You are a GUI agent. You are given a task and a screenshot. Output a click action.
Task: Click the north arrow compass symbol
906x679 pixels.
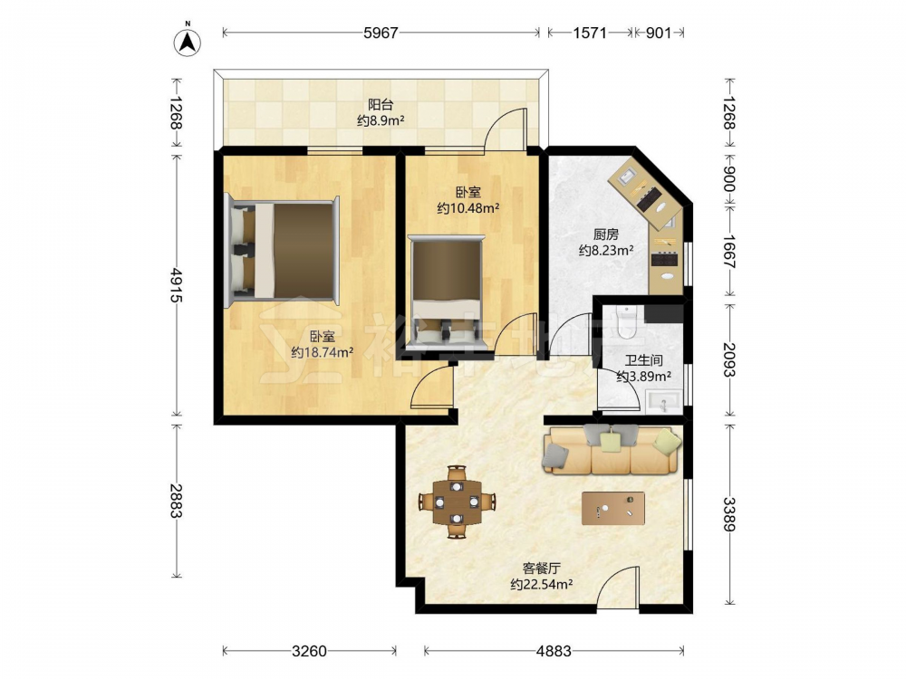coord(188,41)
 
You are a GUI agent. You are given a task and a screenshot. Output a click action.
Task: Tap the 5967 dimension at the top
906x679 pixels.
coord(381,33)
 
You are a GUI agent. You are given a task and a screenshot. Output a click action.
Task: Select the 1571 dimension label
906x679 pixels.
coord(590,33)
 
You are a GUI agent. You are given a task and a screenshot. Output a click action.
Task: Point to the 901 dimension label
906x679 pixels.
coord(659,33)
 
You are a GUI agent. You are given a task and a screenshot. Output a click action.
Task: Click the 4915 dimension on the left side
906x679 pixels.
coord(176,285)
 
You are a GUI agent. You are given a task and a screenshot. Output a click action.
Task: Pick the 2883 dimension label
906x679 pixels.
coord(176,500)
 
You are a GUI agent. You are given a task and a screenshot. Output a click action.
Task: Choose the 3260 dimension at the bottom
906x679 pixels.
coord(309,651)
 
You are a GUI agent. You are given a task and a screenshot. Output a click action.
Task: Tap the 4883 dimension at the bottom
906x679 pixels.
coord(554,651)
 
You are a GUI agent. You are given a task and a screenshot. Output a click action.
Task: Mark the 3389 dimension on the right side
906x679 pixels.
coord(729,514)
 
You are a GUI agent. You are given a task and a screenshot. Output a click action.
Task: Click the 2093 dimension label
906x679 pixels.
coord(729,359)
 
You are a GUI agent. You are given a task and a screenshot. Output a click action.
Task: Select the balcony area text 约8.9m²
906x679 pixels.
coord(381,120)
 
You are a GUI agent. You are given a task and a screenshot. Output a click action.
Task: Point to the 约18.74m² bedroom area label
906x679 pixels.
coord(323,352)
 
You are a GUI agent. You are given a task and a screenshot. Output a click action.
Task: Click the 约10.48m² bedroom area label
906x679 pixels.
coord(468,208)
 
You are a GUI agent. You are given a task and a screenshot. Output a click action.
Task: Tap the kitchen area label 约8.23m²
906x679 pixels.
coord(606,250)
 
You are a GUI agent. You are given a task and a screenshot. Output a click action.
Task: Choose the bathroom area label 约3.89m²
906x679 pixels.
coord(643,377)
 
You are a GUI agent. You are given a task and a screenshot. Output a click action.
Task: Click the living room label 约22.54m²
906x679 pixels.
coord(542,584)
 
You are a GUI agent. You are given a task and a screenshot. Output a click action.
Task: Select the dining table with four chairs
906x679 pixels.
coord(457,502)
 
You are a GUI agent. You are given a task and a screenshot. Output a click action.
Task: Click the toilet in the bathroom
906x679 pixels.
coord(626,322)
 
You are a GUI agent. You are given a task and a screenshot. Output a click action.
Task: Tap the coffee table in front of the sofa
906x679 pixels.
coord(613,508)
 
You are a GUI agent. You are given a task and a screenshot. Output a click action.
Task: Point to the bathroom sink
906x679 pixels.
coord(663,401)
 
